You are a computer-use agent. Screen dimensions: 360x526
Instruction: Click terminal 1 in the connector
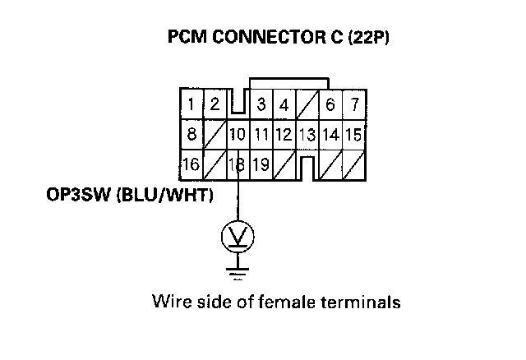coord(191,104)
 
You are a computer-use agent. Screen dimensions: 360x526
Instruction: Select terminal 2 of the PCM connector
coord(215,104)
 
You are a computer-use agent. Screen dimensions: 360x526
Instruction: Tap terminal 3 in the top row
coord(261,104)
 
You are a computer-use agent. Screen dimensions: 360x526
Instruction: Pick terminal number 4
coord(283,104)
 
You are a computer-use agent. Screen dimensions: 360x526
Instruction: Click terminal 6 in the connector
coord(330,104)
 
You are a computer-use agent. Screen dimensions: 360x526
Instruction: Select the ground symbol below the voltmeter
coord(238,269)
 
